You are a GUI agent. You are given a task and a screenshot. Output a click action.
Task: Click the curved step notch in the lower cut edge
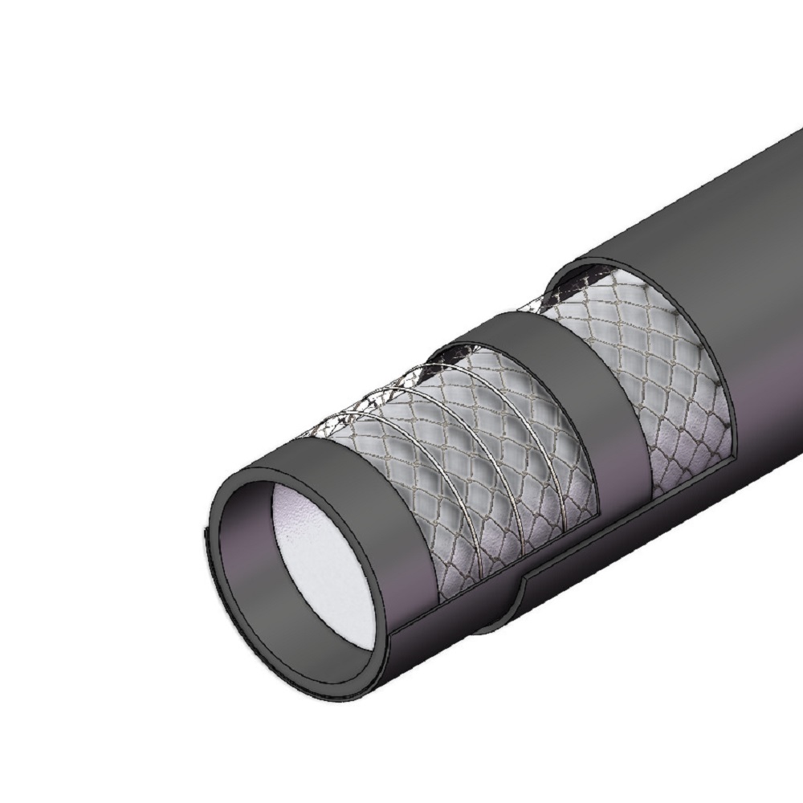tap(522, 586)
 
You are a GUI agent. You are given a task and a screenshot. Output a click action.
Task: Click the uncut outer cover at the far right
tap(747, 241)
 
